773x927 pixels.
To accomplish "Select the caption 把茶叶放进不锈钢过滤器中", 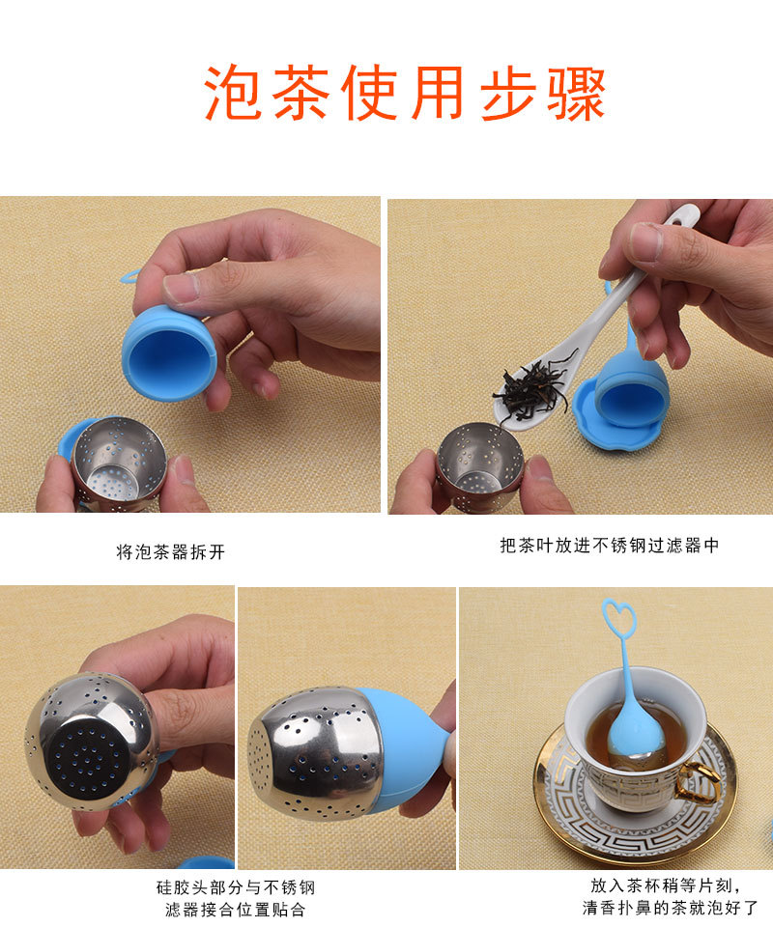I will [x=610, y=546].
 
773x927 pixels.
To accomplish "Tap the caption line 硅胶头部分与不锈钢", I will [x=236, y=887].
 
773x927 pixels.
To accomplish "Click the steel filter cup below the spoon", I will [x=480, y=466].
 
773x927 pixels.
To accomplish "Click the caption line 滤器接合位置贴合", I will [x=236, y=910].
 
